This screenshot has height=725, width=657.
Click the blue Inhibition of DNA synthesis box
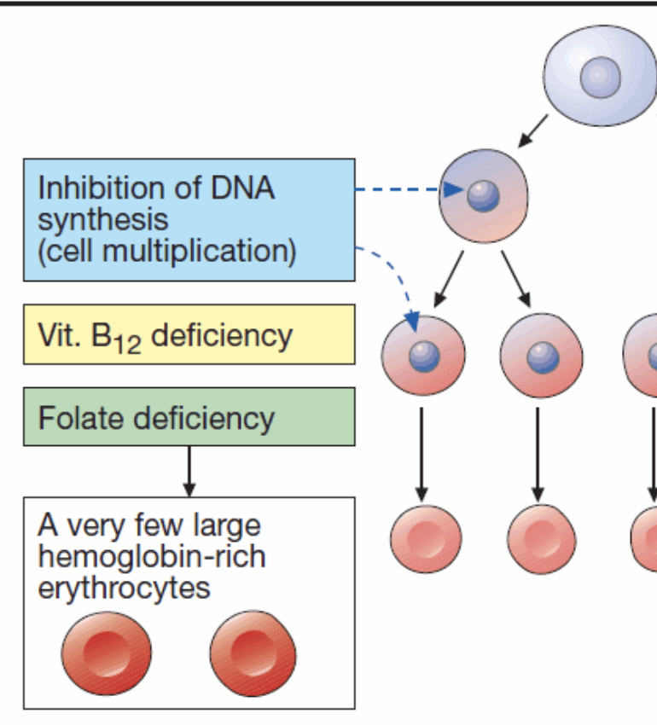click(x=189, y=219)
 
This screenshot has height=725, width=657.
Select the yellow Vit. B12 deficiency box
click(x=189, y=334)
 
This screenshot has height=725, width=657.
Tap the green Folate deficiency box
click(x=189, y=417)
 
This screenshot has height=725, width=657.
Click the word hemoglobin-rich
click(x=151, y=557)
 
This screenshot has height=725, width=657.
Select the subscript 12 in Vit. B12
click(x=127, y=344)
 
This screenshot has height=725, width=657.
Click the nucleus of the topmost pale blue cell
click(x=602, y=78)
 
